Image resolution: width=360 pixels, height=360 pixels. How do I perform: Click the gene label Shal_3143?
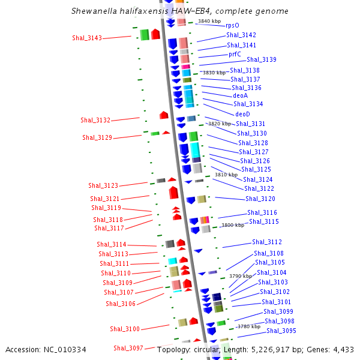(86, 38)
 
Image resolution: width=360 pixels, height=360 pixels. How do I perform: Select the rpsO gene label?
(232, 26)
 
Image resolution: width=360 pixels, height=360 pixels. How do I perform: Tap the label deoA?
(240, 95)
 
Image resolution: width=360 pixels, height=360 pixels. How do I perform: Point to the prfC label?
(235, 54)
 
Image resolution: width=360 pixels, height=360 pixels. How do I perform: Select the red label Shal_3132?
(95, 120)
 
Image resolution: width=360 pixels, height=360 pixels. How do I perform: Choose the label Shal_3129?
(97, 137)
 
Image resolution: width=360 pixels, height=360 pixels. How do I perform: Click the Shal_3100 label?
(125, 329)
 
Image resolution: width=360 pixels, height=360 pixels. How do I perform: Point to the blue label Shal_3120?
(260, 199)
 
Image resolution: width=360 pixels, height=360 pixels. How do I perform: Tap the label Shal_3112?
(267, 242)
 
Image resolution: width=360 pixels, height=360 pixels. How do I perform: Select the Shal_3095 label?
(281, 331)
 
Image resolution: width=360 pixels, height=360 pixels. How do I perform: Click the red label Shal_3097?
(128, 348)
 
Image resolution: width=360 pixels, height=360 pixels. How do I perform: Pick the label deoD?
(242, 114)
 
